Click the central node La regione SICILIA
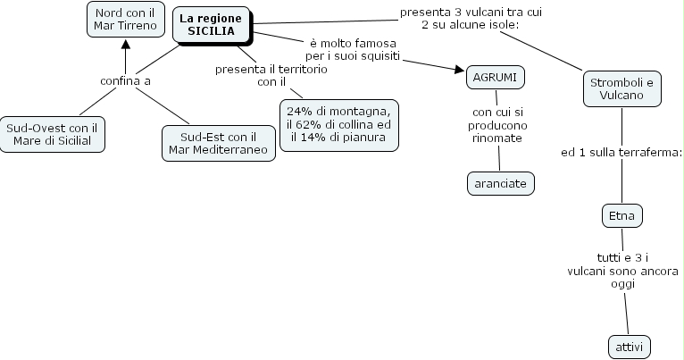tap(212, 24)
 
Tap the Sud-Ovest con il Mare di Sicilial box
tap(52, 134)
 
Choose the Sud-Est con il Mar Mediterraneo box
tap(219, 142)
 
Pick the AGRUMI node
tap(495, 77)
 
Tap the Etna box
tap(621, 215)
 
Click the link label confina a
tap(125, 81)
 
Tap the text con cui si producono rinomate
tap(497, 126)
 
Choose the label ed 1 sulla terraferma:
tap(621, 153)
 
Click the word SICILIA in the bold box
tap(212, 30)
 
